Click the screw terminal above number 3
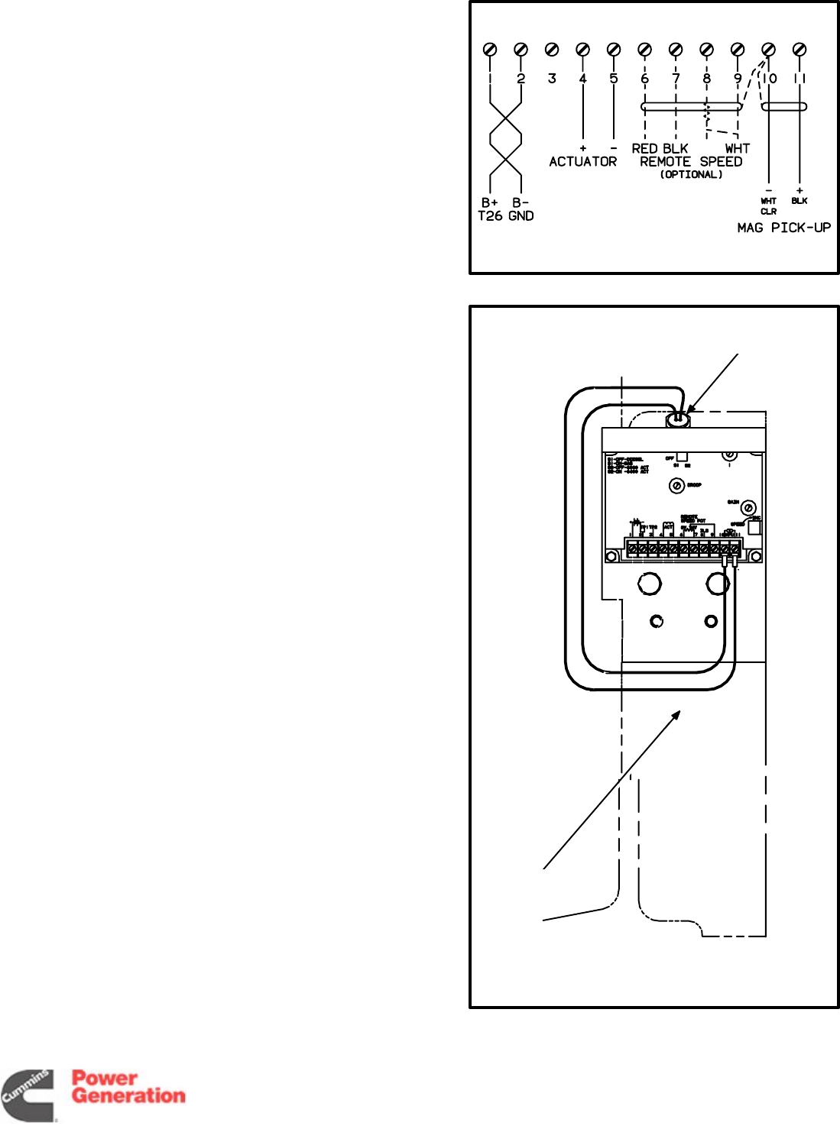(552, 50)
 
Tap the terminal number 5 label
(614, 79)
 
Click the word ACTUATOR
(582, 162)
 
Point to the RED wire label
(644, 149)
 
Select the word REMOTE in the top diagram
(665, 162)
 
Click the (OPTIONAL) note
(691, 175)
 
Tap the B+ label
(490, 203)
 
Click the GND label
(521, 216)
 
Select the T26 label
(490, 216)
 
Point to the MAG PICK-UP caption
(783, 228)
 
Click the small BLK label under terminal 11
(799, 201)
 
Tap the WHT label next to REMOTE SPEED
(738, 149)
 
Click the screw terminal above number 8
(707, 50)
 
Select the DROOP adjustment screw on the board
(676, 485)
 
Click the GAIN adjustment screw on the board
(749, 508)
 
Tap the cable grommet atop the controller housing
(678, 419)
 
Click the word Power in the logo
(105, 1078)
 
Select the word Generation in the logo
(128, 1096)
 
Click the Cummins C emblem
(28, 1096)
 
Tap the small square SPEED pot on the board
(754, 528)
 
